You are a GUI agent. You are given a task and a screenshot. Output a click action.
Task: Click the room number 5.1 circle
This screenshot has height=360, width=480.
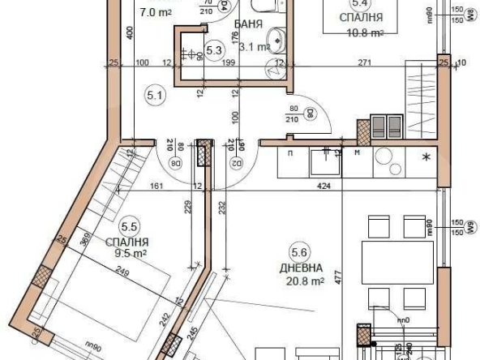click(x=155, y=96)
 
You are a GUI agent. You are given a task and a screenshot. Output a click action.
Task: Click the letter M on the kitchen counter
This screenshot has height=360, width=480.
click(x=358, y=151)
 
